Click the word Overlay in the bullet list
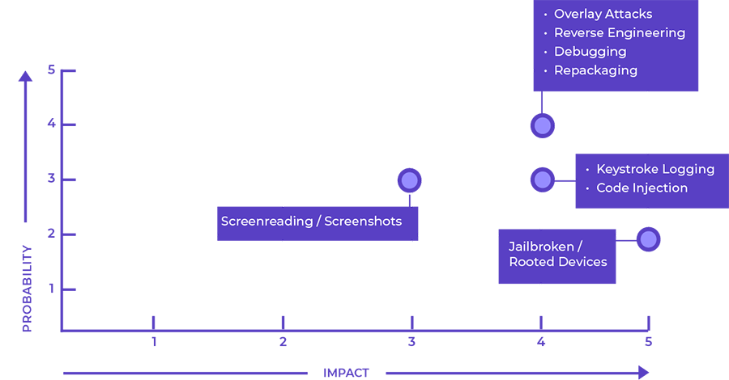[577, 14]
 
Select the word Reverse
[579, 33]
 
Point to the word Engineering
[647, 33]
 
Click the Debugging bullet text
[590, 52]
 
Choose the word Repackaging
[595, 70]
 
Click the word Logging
[688, 169]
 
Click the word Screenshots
[363, 222]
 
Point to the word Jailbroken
[542, 246]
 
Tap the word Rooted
[531, 262]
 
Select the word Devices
[583, 262]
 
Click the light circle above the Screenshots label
[410, 180]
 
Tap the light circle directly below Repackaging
[543, 126]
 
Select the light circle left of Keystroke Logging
[543, 179]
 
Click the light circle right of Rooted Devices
[648, 239]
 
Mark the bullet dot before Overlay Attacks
[545, 15]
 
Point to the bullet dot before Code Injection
[587, 188]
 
